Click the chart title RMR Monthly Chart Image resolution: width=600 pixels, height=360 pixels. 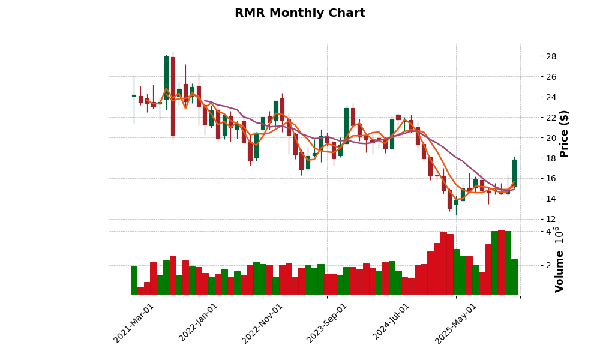point(299,13)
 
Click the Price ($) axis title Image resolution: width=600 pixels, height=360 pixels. point(564,133)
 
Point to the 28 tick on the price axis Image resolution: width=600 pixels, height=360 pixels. point(551,56)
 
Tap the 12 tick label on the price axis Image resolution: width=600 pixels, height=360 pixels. point(551,219)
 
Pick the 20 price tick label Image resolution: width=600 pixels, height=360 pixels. point(551,138)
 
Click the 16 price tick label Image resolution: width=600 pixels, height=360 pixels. point(551,178)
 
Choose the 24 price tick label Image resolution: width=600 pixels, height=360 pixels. point(551,97)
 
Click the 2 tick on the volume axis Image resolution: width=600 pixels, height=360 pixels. point(548,265)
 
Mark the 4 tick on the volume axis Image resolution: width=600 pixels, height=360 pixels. point(548,232)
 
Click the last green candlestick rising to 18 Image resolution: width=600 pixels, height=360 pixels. point(514,173)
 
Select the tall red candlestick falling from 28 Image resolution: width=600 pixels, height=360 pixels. point(173,96)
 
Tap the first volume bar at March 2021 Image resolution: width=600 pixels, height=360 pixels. point(134,280)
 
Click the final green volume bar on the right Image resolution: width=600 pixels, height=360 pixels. point(514,277)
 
